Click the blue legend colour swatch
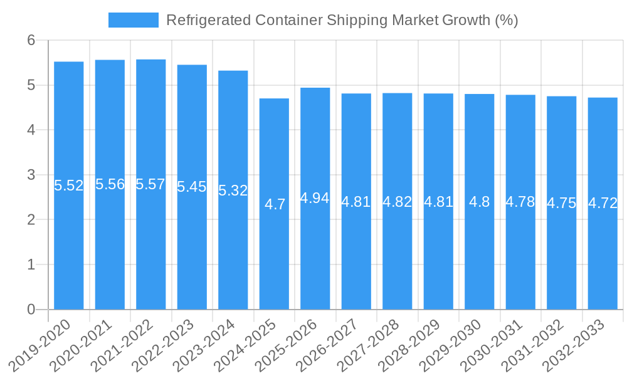click(x=133, y=20)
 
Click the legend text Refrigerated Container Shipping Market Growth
click(x=342, y=20)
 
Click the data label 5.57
click(x=151, y=184)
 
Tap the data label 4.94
click(x=315, y=198)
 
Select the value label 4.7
click(x=275, y=204)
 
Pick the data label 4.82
click(x=398, y=202)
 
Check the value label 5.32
click(x=233, y=191)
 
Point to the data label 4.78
click(x=520, y=202)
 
